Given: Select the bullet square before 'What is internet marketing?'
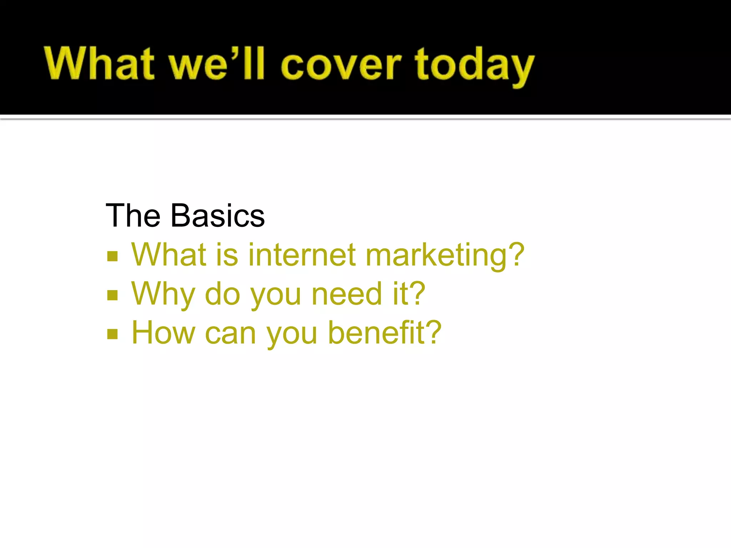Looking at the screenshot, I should coord(112,256).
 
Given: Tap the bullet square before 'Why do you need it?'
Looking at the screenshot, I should coord(112,295).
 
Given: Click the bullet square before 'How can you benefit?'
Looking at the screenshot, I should coord(112,334).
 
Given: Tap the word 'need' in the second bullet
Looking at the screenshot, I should coord(347,294).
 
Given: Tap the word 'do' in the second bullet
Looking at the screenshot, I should coord(222,294).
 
